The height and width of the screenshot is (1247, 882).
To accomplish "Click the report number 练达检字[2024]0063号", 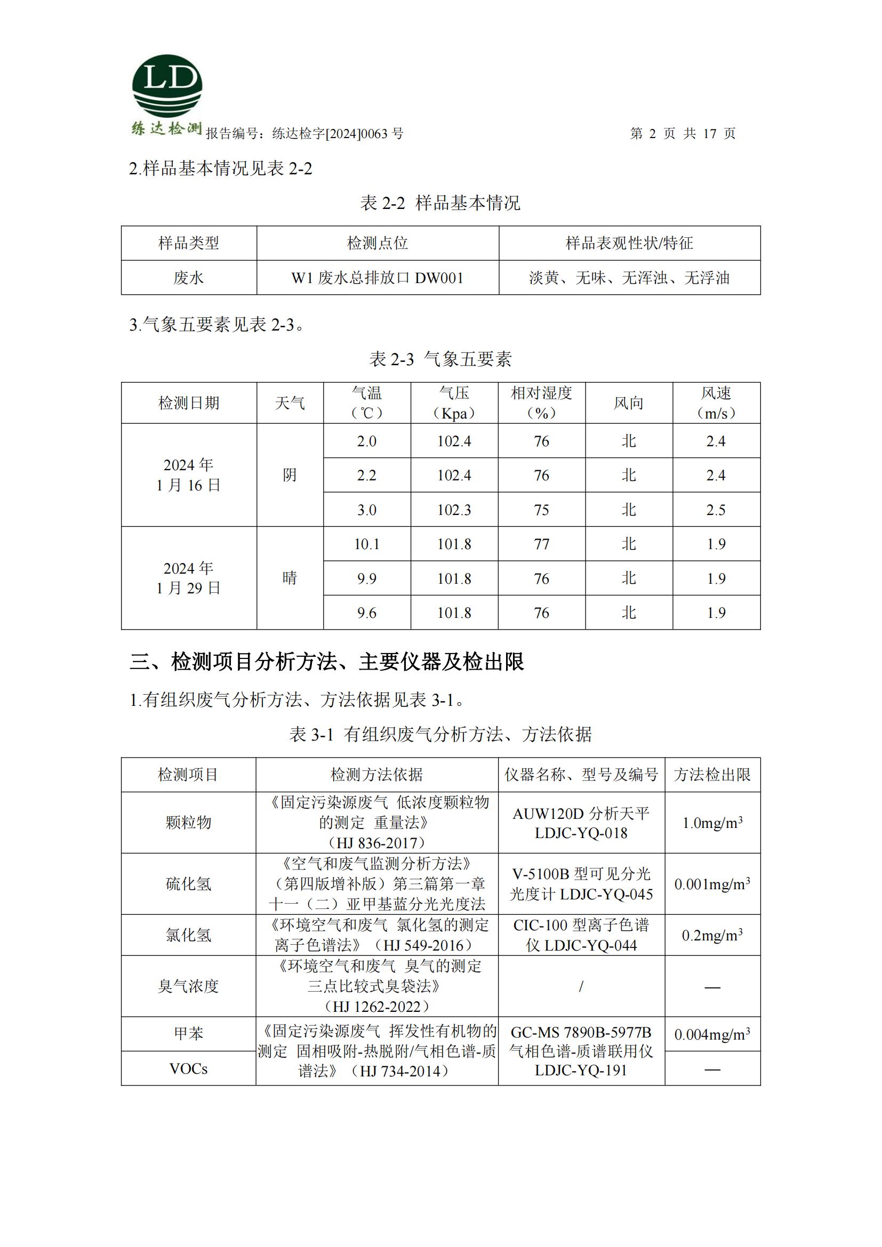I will coord(337,134).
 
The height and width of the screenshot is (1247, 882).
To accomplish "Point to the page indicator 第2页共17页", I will coord(682,134).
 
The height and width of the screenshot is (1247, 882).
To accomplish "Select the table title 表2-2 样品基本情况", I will coord(440,203).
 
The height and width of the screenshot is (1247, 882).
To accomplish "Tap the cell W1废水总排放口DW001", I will coord(378,278).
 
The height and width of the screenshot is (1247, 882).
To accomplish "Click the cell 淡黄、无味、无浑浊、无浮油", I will coord(629,278).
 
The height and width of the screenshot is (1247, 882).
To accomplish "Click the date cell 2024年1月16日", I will coord(188,475).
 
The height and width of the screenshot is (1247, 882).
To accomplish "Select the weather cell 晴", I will coord(290,578).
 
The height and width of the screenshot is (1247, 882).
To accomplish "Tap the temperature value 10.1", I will coord(366,544).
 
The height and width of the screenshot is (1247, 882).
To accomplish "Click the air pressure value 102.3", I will coord(454,510).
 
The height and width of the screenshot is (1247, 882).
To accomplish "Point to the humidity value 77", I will coord(541,544).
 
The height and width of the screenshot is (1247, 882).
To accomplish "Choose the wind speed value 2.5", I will coord(716,510).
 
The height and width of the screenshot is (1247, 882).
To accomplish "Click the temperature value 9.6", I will coord(366,613).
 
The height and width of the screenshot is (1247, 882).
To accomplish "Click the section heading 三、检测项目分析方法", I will coord(326,662).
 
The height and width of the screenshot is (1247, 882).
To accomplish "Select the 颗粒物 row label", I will coord(188,823).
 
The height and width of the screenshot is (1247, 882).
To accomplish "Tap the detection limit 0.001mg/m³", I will coord(712,884).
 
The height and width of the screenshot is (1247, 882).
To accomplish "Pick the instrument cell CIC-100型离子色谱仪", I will coord(581,935).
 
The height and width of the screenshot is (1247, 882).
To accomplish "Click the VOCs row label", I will coord(188,1069).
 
